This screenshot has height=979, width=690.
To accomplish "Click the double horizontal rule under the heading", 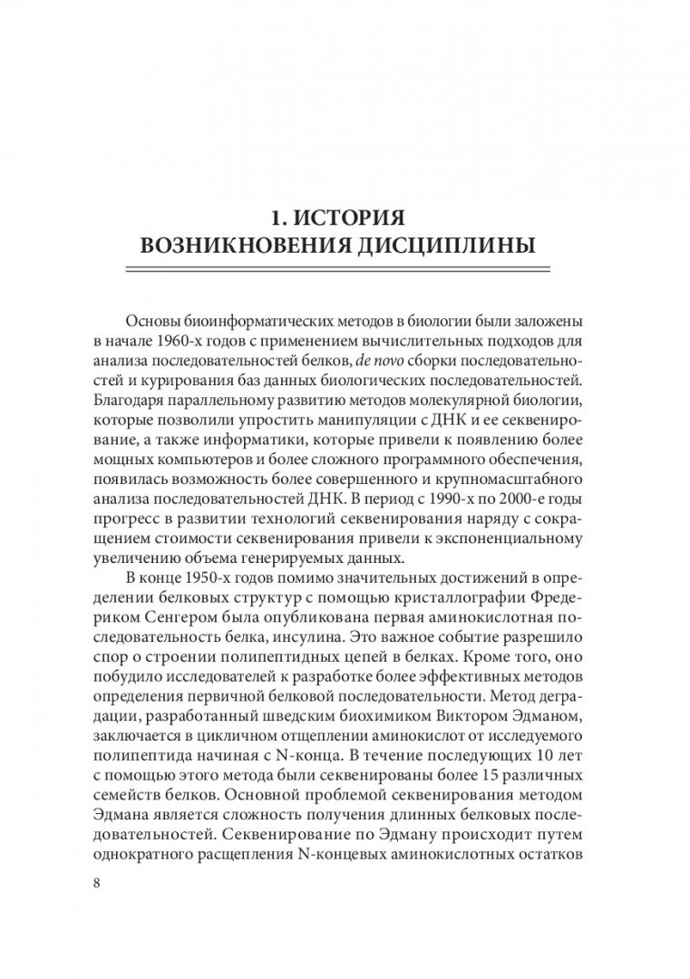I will [x=344, y=269].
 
